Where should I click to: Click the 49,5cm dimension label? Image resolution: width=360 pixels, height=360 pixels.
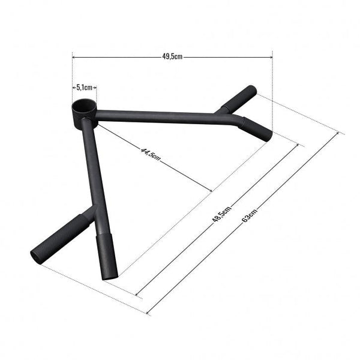[x=172, y=57]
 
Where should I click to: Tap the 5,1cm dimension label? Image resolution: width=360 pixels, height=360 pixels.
[x=84, y=86]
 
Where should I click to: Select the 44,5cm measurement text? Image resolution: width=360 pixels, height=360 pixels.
[x=151, y=155]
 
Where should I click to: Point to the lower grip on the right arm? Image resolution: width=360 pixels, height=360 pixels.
[x=257, y=128]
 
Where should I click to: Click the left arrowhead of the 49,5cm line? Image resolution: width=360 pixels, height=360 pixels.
[x=73, y=57]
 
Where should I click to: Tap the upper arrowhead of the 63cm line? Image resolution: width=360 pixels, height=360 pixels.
[x=344, y=134]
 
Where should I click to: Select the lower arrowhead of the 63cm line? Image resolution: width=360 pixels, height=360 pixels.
[x=148, y=313]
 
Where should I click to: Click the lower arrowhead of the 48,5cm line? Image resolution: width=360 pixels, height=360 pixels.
[x=137, y=295]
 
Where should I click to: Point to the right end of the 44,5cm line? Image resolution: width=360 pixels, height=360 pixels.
[x=211, y=191]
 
